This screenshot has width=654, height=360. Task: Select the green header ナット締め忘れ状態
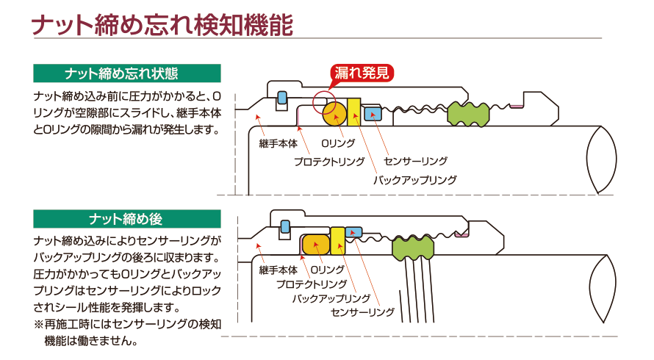pos(127,73)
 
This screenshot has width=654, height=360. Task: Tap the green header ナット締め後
pos(127,219)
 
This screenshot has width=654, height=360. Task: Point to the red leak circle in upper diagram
pos(323,101)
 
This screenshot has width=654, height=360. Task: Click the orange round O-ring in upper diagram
pos(335,114)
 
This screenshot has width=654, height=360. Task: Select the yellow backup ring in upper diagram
pos(355,112)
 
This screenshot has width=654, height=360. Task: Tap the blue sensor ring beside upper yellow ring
pos(373,113)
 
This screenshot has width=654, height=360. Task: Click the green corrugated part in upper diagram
pos(469,113)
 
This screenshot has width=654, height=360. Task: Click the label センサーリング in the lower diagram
pos(363,313)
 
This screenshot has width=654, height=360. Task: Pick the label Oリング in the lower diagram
pos(328,270)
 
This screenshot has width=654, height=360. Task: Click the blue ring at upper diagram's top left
pos(281,97)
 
